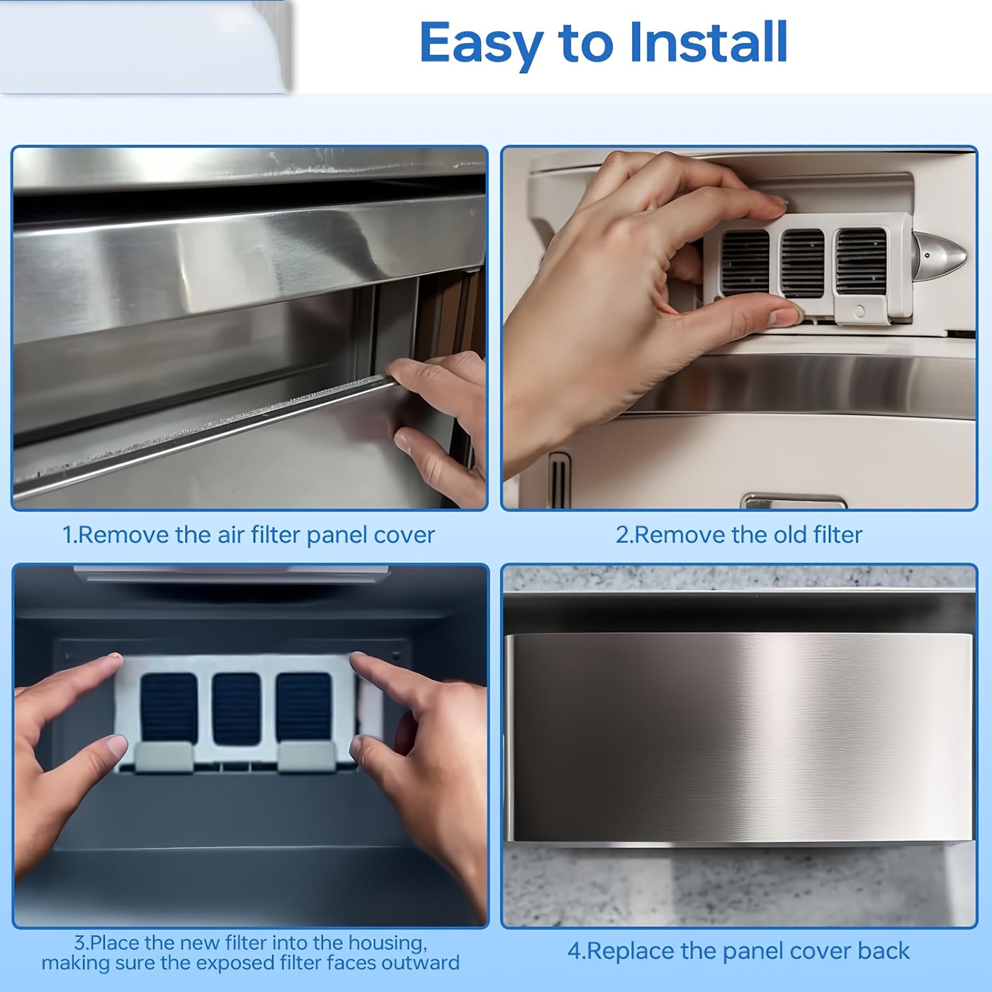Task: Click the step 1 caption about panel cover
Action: pyautogui.click(x=249, y=535)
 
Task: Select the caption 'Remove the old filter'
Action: pyautogui.click(x=738, y=535)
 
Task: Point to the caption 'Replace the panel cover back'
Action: pyautogui.click(x=738, y=951)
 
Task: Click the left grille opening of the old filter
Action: pyautogui.click(x=745, y=263)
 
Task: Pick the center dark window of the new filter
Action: pyautogui.click(x=237, y=708)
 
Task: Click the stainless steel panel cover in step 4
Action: pyautogui.click(x=737, y=737)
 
